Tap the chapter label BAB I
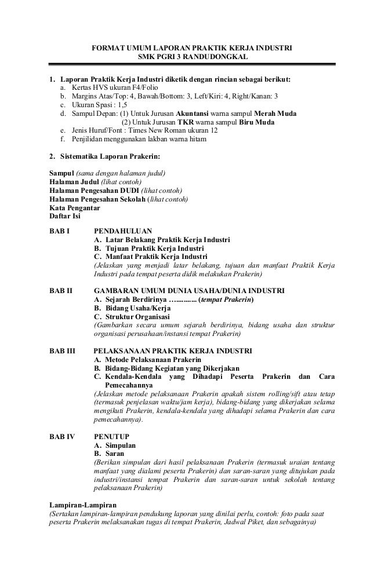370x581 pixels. coord(60,230)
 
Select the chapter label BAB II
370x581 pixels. coord(61,290)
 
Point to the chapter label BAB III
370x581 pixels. coord(63,350)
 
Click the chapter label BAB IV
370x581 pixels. coord(62,435)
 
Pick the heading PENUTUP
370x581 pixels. coord(112,435)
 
